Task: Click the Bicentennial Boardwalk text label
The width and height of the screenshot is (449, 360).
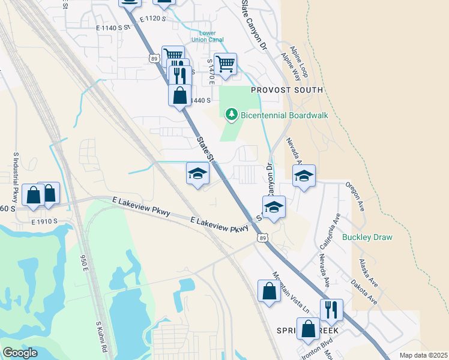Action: click(285, 115)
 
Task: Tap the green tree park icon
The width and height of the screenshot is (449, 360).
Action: click(231, 114)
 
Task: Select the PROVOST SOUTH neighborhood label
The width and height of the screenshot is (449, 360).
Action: click(287, 90)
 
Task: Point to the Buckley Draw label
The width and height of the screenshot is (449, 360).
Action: click(367, 237)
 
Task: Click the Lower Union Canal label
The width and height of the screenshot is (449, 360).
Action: click(208, 37)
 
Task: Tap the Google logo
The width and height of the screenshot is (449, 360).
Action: click(20, 353)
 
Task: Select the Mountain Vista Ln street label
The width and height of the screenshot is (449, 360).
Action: click(291, 295)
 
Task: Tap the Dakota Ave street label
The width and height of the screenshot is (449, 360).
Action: click(364, 291)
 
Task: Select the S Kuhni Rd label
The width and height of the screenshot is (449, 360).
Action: click(101, 337)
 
